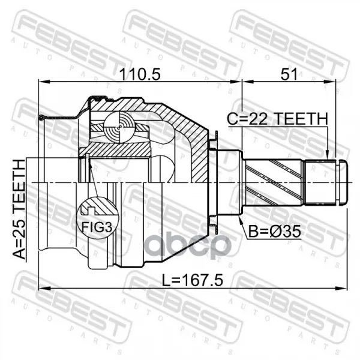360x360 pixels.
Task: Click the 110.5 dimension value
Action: click(x=140, y=74)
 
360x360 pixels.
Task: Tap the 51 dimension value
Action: click(x=289, y=74)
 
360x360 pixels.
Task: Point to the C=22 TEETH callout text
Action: click(x=277, y=119)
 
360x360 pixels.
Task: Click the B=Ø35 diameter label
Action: click(x=275, y=231)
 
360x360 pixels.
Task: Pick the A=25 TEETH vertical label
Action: click(x=19, y=209)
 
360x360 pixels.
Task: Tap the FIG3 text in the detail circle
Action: click(x=97, y=227)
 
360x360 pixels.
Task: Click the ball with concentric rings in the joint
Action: click(x=119, y=127)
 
